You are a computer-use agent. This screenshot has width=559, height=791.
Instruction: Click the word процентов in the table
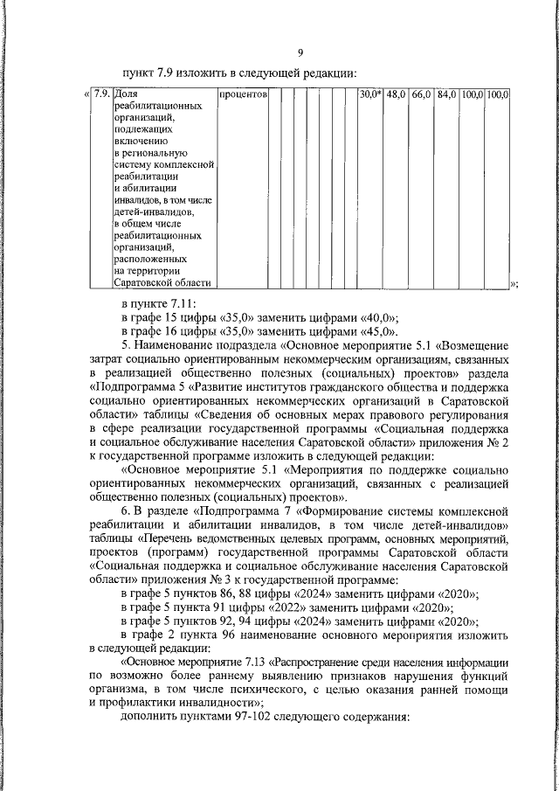click(x=243, y=94)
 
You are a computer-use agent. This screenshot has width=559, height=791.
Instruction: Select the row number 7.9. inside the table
click(x=101, y=94)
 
